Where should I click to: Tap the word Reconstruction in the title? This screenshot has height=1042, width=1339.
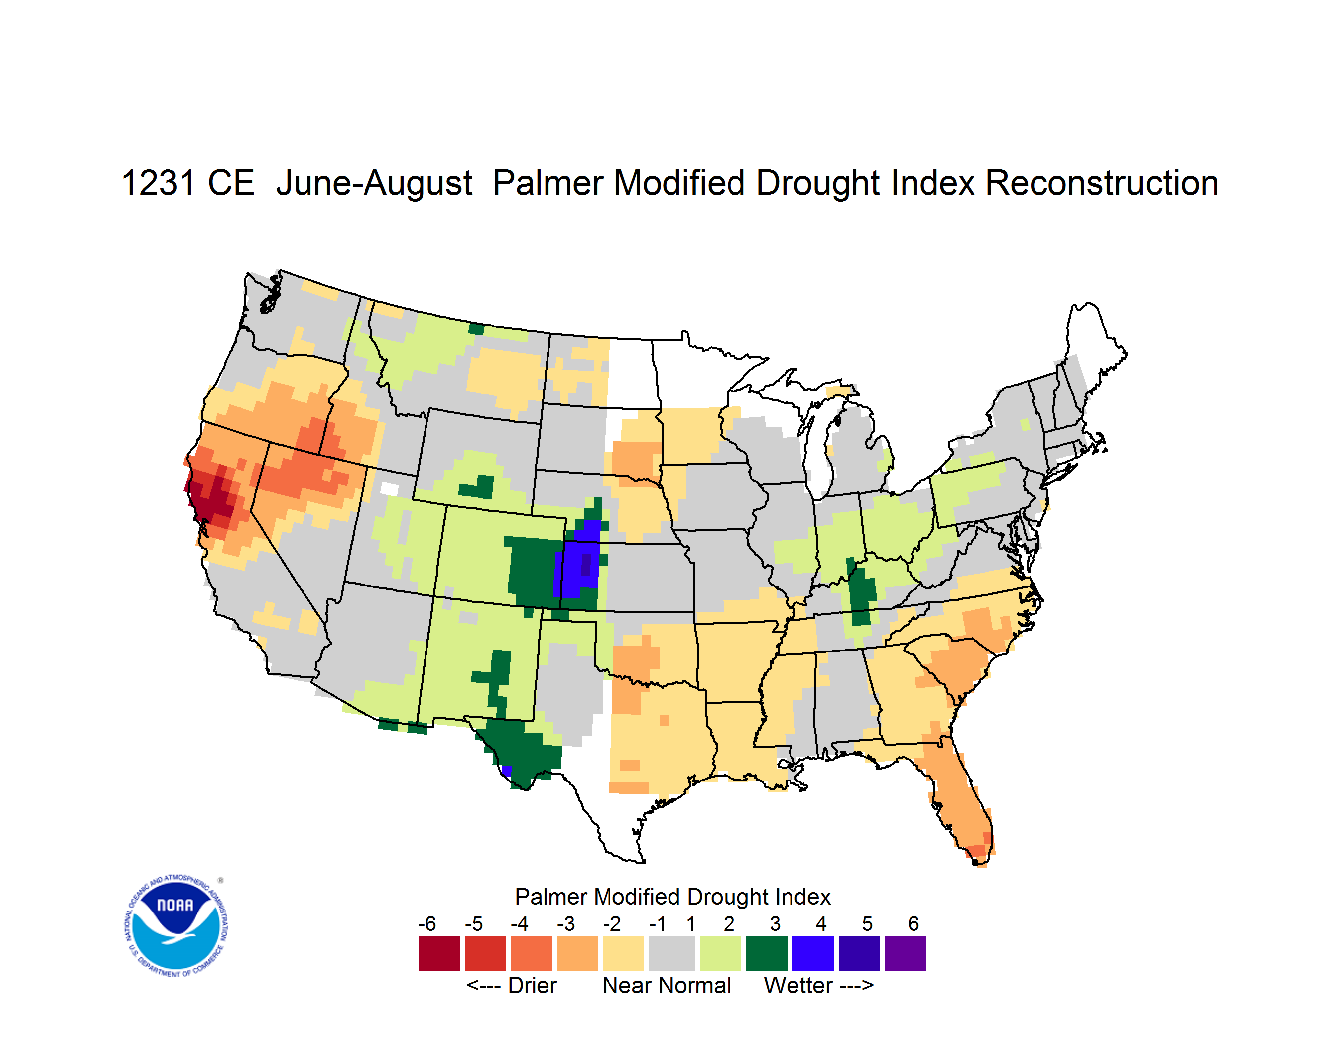click(x=1102, y=183)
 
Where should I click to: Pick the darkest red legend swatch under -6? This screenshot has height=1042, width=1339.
click(x=439, y=953)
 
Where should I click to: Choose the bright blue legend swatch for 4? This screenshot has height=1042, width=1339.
click(x=813, y=953)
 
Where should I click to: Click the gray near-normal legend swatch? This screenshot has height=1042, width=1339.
click(x=672, y=953)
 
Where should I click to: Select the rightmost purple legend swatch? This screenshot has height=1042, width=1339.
click(x=905, y=953)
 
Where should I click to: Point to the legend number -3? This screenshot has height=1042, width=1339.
click(x=566, y=923)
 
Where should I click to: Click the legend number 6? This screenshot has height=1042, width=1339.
click(x=913, y=923)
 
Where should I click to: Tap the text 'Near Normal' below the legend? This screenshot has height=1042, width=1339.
click(x=667, y=986)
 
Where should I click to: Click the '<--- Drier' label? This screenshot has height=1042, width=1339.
click(x=512, y=986)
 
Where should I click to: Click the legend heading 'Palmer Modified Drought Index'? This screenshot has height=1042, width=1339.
click(x=672, y=897)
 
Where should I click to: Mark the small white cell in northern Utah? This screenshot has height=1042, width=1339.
click(x=389, y=489)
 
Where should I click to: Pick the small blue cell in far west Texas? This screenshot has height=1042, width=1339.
click(x=506, y=770)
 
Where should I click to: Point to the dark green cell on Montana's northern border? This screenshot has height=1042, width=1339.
click(x=476, y=329)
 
